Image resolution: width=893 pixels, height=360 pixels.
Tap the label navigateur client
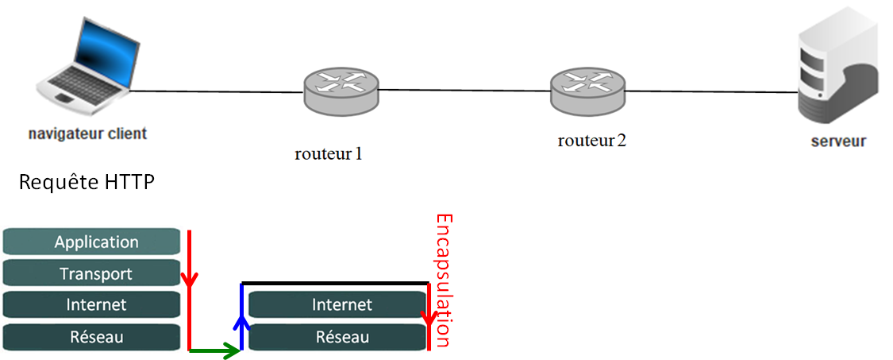click(87, 134)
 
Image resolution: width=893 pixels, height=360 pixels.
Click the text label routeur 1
click(328, 153)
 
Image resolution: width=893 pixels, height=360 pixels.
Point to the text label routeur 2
click(591, 140)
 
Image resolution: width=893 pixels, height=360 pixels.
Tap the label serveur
click(838, 141)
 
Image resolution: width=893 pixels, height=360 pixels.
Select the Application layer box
click(91, 242)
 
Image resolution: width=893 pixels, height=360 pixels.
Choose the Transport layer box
click(91, 273)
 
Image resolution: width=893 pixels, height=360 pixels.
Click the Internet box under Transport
click(91, 304)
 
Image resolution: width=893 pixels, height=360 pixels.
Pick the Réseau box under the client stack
click(91, 337)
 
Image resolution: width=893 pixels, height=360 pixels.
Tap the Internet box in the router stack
click(337, 304)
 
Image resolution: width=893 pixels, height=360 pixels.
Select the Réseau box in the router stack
click(337, 337)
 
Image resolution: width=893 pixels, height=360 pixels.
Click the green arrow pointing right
click(214, 350)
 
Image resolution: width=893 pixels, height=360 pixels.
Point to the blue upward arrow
click(242, 316)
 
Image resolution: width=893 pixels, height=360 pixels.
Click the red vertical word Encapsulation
click(444, 280)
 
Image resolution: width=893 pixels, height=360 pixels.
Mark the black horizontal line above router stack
click(336, 283)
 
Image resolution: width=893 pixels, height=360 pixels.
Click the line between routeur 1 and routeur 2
click(464, 90)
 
